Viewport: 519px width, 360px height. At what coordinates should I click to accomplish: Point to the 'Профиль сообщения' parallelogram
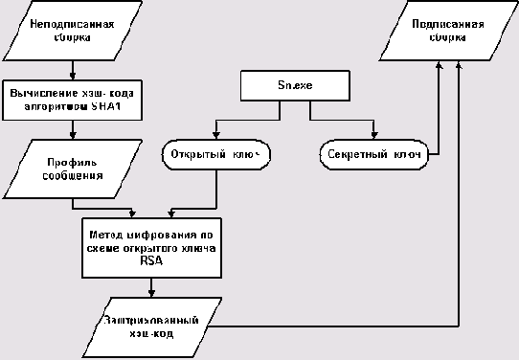point(74,169)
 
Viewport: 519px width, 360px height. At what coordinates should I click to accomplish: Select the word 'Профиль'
point(75,162)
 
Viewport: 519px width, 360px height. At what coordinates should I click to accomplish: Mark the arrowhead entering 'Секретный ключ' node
point(373,138)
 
